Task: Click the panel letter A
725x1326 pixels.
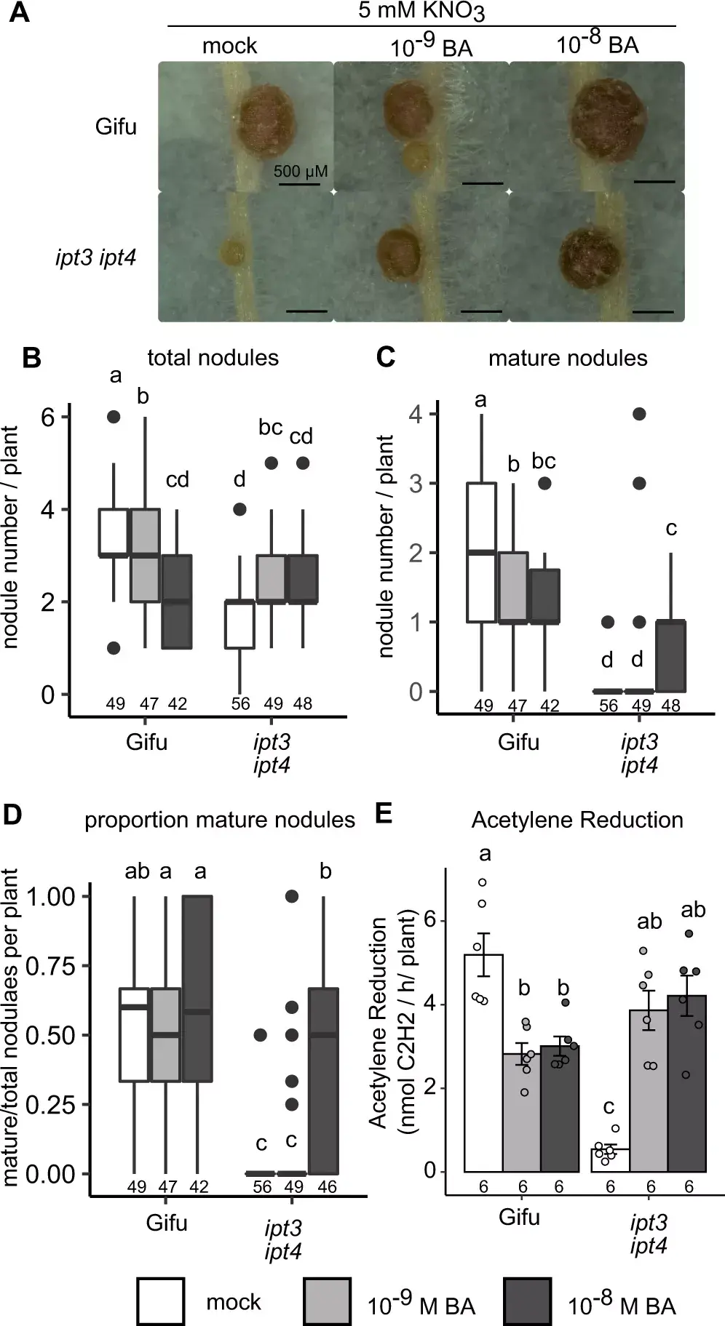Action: coord(19,12)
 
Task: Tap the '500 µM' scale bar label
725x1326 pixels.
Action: coord(300,172)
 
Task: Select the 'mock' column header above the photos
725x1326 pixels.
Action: coord(229,46)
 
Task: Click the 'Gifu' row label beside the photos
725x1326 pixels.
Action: coord(116,127)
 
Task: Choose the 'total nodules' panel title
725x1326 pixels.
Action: coord(213,358)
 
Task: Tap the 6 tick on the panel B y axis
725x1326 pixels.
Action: coord(48,417)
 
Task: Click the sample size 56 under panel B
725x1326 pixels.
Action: coord(240,703)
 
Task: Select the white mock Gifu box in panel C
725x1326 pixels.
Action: coord(481,552)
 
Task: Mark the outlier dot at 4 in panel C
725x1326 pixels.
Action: coord(639,414)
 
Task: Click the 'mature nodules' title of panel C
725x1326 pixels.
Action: coord(568,358)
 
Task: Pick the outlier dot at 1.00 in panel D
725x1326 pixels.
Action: coord(291,896)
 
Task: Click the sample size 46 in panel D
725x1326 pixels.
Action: coord(327,1187)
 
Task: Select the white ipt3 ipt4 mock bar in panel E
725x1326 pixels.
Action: coord(609,1159)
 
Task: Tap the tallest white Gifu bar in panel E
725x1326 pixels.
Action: coord(483,1062)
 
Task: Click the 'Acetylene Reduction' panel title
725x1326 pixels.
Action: coord(577,820)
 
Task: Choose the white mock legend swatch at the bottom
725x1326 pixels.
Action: coord(160,1301)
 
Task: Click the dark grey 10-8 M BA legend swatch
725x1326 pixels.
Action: coord(526,1301)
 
